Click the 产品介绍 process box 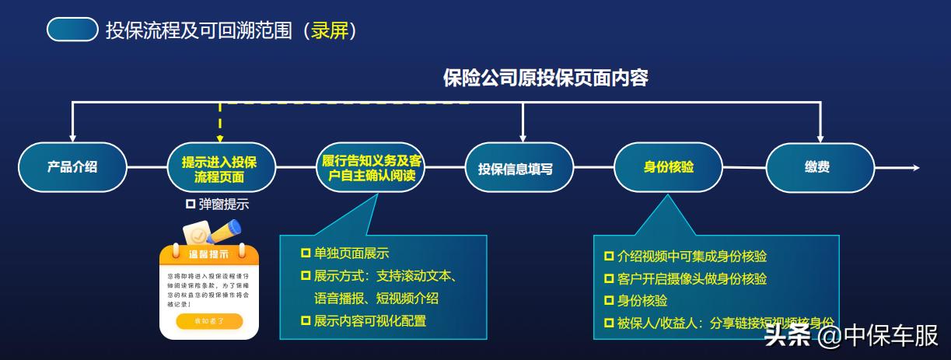(x=72, y=167)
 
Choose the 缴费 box (x=816, y=167)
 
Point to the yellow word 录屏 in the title (x=330, y=30)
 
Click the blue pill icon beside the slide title (x=72, y=30)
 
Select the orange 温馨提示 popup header (x=208, y=253)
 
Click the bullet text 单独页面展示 (x=351, y=253)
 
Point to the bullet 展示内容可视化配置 (x=369, y=320)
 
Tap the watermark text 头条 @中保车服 (x=851, y=336)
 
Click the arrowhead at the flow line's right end (x=915, y=168)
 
